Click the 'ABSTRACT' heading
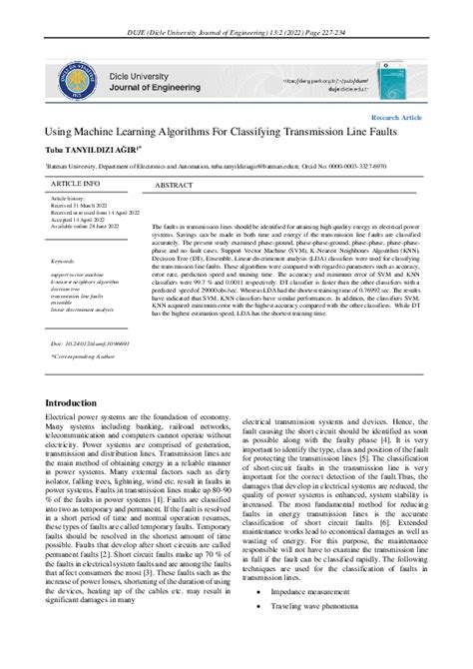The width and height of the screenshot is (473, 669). pos(174,186)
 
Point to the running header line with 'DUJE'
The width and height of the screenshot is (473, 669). pos(236,9)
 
